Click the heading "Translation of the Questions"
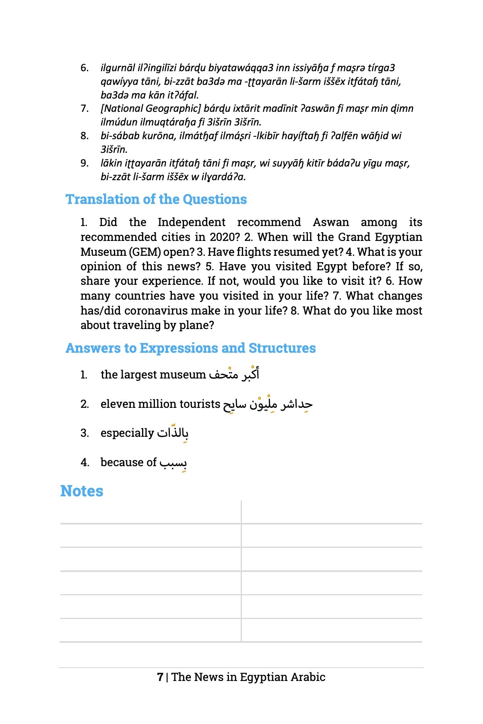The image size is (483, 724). [156, 200]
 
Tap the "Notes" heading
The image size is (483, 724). [82, 491]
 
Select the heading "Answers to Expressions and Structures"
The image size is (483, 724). [190, 348]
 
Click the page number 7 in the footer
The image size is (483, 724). [160, 677]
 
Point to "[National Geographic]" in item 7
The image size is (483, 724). [151, 109]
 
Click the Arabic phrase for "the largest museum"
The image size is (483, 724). [234, 374]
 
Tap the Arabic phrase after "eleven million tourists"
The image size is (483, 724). [268, 404]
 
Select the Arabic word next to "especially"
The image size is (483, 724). [173, 433]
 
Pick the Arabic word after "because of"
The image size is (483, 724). [173, 463]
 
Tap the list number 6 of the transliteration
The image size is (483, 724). [85, 68]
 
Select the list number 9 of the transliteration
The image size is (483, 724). [85, 163]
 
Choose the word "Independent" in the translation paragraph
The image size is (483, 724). [192, 222]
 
